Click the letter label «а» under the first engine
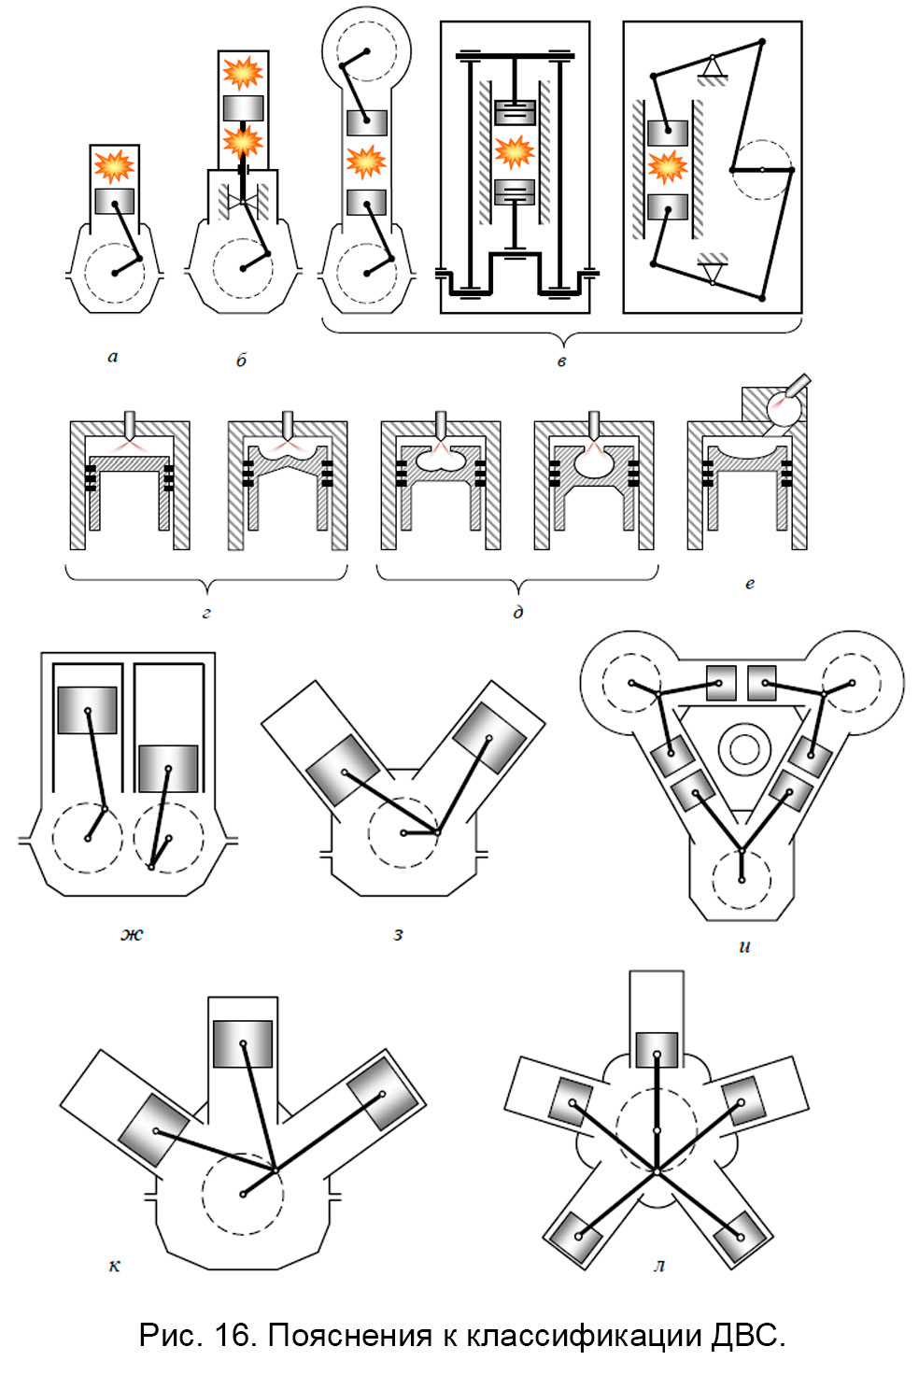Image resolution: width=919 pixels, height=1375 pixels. point(113,357)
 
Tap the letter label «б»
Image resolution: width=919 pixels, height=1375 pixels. point(241,360)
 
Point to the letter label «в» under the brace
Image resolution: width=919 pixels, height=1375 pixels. point(561,361)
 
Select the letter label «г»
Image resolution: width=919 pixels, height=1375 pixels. point(206,614)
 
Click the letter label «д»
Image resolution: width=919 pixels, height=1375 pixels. point(518,613)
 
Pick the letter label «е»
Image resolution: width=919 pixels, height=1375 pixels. point(749,584)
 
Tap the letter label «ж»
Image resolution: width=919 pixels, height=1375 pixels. point(132,934)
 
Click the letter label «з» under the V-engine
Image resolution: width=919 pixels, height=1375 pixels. point(399,934)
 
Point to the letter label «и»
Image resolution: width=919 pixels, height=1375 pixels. point(744,946)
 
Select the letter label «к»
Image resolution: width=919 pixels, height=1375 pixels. point(114,1267)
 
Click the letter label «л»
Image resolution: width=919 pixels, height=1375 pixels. point(659,1267)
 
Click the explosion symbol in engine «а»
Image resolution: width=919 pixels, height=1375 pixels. point(114,166)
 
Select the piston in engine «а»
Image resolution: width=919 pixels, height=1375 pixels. point(115,201)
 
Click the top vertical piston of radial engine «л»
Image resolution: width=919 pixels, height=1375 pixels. point(657,1049)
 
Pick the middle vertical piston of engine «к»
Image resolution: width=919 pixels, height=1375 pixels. point(243,1043)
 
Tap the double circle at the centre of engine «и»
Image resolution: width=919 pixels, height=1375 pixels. point(743,749)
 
